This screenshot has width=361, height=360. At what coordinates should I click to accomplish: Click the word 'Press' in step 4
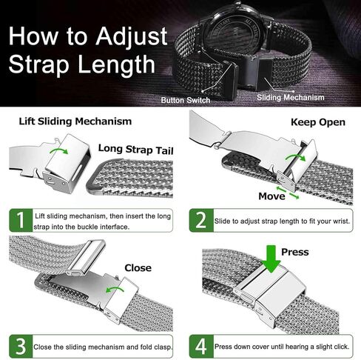(294, 252)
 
